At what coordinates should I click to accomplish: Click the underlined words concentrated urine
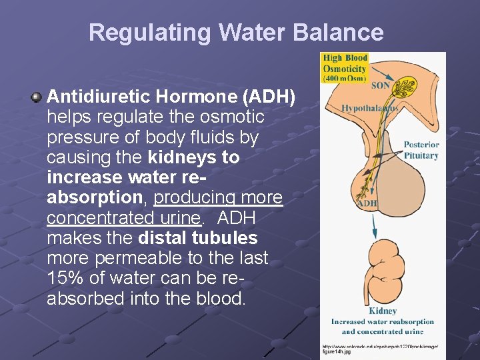[x=123, y=218]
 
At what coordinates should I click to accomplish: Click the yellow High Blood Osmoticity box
[x=344, y=68]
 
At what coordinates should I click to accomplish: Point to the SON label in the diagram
[x=380, y=85]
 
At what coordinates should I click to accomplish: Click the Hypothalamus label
[x=369, y=107]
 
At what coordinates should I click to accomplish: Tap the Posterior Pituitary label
[x=421, y=150]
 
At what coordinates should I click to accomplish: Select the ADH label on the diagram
[x=367, y=203]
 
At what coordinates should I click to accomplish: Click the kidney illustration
[x=383, y=274]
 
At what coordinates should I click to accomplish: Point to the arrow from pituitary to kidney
[x=375, y=223]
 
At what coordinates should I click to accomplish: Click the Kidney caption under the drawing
[x=383, y=311]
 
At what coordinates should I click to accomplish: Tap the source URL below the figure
[x=380, y=349]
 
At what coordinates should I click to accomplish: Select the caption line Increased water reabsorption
[x=383, y=321]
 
